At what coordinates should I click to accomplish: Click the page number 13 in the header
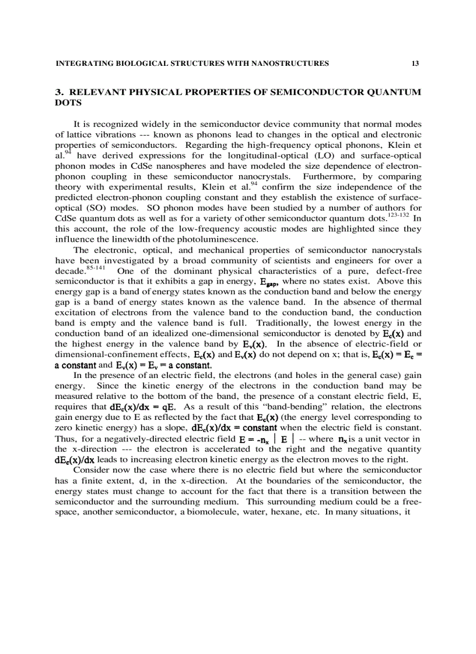(x=415, y=63)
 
